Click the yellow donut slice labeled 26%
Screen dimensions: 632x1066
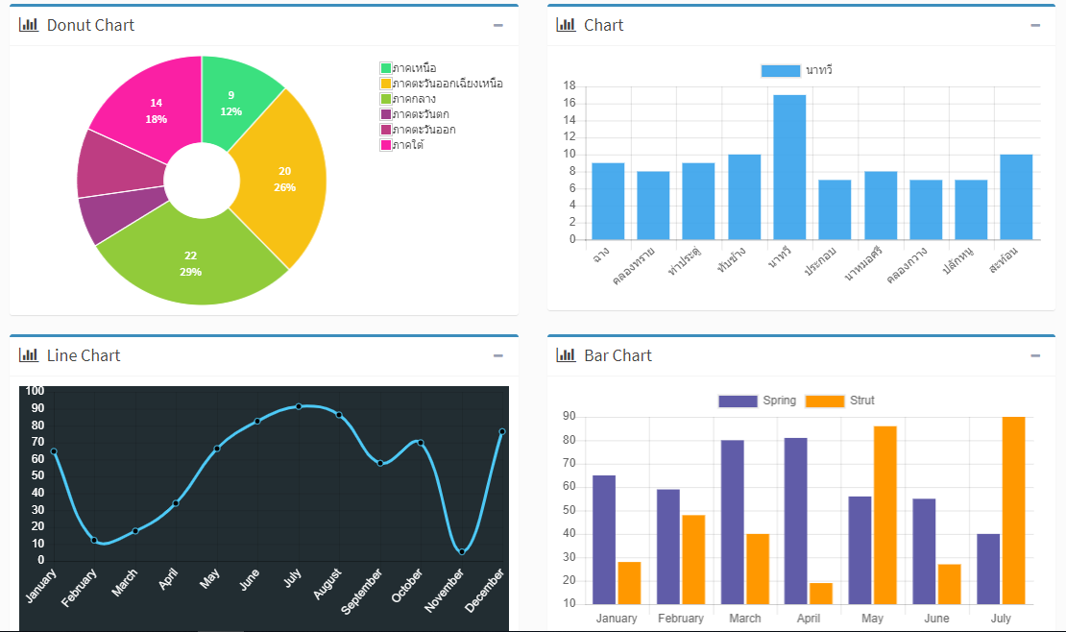[283, 180]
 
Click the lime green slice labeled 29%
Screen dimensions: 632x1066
[192, 264]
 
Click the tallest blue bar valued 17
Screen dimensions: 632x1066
[789, 168]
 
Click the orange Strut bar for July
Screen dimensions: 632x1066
[1013, 509]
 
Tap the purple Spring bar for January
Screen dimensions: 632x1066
[604, 538]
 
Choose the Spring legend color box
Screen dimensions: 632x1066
[738, 401]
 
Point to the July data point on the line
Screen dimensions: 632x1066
[299, 406]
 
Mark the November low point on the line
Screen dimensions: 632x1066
[462, 551]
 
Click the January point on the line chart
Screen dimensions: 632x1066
[54, 451]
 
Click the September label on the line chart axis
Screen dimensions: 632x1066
[365, 588]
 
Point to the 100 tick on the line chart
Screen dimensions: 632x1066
[35, 391]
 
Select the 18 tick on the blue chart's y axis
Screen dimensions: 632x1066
[569, 85]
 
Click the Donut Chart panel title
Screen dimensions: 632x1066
[90, 25]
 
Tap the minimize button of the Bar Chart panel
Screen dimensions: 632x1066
[1035, 355]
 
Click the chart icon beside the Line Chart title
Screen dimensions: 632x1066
[29, 355]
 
